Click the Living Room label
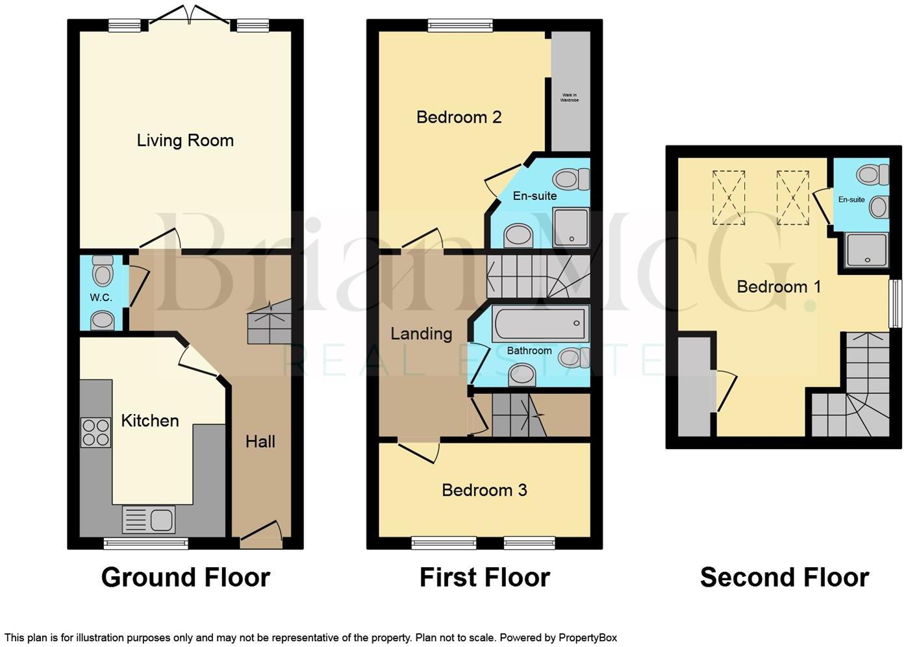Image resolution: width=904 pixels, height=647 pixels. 185,140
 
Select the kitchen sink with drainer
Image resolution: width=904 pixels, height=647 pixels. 149,520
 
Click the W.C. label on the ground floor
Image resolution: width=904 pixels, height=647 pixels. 101,297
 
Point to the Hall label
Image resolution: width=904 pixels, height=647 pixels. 260,442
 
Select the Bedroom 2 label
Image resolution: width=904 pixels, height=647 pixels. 458,117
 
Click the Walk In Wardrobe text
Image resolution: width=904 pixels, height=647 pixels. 570,98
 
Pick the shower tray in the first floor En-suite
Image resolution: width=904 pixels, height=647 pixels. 571,227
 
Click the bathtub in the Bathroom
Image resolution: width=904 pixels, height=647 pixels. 539,324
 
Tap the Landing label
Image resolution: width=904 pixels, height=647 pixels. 421,334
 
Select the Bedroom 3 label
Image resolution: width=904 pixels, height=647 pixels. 484,490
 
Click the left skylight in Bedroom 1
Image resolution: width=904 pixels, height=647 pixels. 729,197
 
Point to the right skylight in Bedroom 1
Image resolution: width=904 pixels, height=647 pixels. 792,197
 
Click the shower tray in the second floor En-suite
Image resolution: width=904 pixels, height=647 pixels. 866,250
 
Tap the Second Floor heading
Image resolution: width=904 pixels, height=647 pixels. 784,577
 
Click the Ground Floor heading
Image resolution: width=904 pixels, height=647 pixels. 185,577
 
